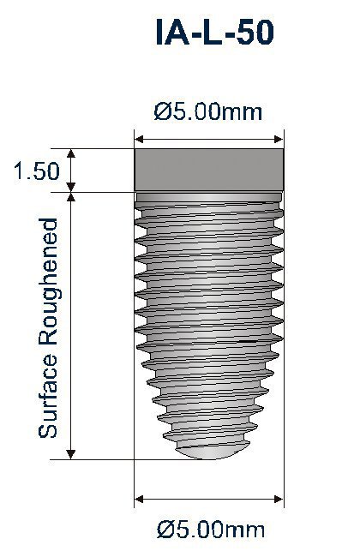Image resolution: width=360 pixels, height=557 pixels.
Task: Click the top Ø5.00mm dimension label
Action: (x=208, y=111)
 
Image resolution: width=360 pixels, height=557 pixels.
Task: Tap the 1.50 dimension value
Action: (x=37, y=171)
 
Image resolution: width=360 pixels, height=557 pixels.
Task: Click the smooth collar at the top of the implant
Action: (x=208, y=171)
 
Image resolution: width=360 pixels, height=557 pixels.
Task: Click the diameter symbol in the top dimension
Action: (x=160, y=111)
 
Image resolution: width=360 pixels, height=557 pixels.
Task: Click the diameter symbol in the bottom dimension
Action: (x=164, y=530)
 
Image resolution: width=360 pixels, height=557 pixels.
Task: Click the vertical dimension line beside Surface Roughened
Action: (x=72, y=326)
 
